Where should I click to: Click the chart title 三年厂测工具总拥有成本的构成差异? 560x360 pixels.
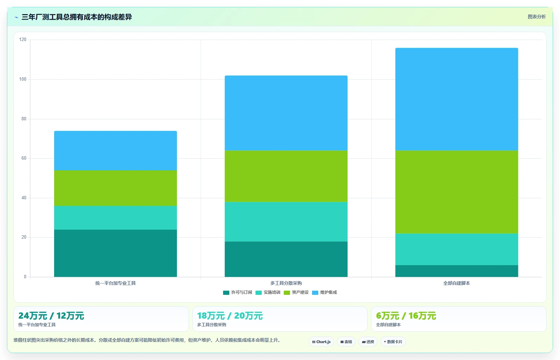click(x=77, y=17)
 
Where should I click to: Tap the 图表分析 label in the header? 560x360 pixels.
click(x=537, y=17)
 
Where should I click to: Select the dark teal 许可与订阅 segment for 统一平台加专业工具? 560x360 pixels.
click(x=116, y=253)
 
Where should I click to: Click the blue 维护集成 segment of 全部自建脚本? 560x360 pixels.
click(x=457, y=99)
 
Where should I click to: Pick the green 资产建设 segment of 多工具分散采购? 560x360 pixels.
click(x=286, y=176)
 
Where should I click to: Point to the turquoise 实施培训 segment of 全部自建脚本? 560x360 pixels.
click(x=457, y=249)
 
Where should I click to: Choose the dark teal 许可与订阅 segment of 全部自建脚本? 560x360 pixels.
click(x=457, y=271)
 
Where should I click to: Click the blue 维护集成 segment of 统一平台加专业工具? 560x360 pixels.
click(x=116, y=151)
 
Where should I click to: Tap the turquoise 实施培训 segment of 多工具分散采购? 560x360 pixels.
click(x=286, y=222)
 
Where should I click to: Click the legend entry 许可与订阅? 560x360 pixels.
click(x=238, y=292)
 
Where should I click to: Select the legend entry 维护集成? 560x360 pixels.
click(x=324, y=292)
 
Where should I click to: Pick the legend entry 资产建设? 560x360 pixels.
click(x=296, y=292)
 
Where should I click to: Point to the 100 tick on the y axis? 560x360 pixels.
click(x=23, y=79)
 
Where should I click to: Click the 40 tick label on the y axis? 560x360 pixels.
click(x=24, y=198)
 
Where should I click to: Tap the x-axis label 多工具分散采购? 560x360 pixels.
click(x=286, y=283)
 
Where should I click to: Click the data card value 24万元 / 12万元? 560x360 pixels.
click(x=51, y=316)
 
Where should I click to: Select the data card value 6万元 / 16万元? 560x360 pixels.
click(x=406, y=316)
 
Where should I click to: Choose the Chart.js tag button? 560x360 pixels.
click(x=321, y=342)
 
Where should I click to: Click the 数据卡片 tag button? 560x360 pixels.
click(x=393, y=342)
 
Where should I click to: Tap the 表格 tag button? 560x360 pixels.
click(x=346, y=342)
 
